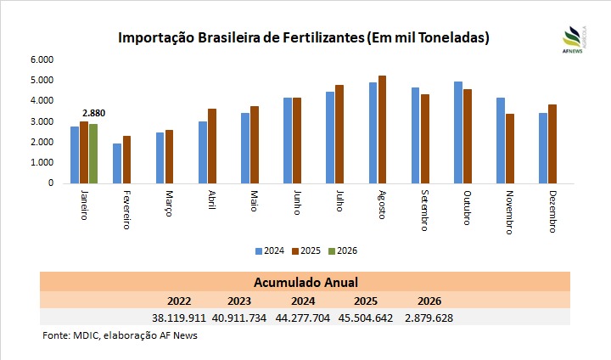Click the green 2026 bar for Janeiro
[93, 154]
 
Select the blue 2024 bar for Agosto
[373, 132]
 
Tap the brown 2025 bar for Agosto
[382, 129]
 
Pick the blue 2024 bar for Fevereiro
[117, 163]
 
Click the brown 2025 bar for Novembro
[509, 149]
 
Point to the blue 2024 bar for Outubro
[458, 132]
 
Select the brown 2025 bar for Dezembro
[552, 143]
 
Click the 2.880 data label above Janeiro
[93, 113]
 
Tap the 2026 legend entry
[342, 250]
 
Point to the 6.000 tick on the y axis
[42, 59]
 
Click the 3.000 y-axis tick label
[42, 121]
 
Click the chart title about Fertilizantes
[304, 38]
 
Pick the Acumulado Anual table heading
[305, 282]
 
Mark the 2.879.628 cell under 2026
[429, 317]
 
